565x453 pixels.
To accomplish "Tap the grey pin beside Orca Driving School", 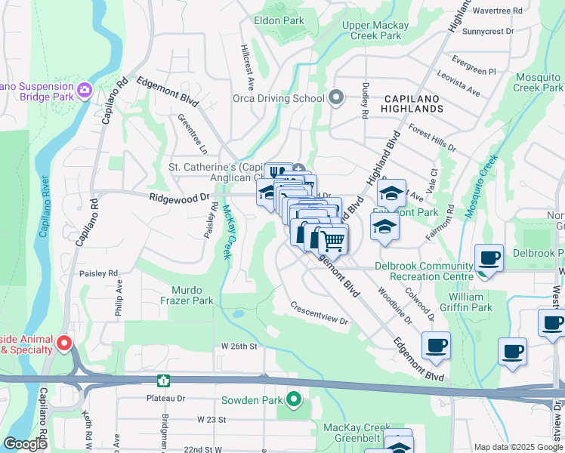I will pos(336,97).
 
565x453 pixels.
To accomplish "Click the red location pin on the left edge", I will pos(64,344).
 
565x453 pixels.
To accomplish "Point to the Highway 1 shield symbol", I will pos(162,380).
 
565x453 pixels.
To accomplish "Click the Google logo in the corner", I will pos(25,444).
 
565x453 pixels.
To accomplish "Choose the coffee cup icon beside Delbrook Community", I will pos(488,257).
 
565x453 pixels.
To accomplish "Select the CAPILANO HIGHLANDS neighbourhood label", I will pos(412,103).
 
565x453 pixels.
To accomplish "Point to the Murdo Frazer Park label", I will pos(193,295).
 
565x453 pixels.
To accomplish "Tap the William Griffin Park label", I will pos(481,302).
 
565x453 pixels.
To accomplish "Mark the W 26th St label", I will pos(239,347).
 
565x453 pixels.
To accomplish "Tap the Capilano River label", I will pos(44,207).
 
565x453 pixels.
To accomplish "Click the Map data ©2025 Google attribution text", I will pos(517,447).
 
